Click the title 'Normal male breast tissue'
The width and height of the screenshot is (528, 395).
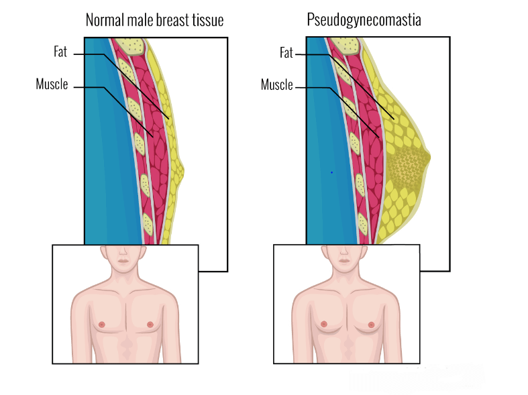pos(154,20)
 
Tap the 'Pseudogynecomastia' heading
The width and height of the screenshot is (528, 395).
pos(364,20)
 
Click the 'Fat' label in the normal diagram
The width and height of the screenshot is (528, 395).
pos(60,52)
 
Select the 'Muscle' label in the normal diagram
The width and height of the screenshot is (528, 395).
pos(52,84)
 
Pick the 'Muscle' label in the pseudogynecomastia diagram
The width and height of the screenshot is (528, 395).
pos(276,84)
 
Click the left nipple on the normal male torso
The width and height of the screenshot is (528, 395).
pos(102,324)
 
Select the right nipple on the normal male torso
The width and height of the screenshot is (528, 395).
pos(150,324)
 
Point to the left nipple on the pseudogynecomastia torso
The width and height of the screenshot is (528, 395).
pos(323,324)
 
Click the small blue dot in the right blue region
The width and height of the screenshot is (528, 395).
pos(331,172)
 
